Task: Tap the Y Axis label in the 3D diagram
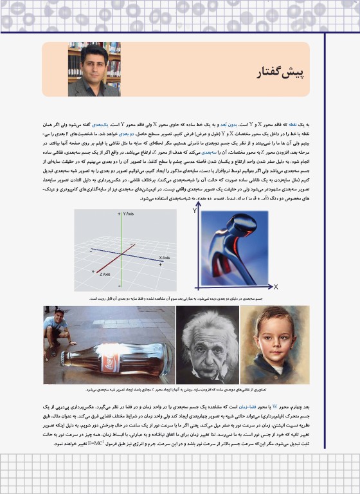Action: (128, 214)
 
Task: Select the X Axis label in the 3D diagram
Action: (164, 257)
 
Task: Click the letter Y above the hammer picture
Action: (195, 210)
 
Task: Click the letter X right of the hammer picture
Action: (276, 286)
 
